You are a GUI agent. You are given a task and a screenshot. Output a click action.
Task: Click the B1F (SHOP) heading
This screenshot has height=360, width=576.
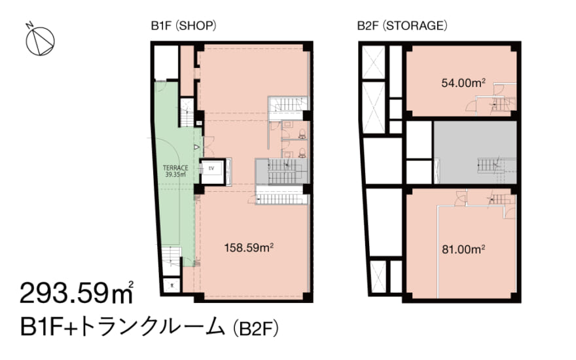(183, 26)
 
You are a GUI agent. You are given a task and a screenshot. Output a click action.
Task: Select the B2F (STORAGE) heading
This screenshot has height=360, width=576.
(402, 26)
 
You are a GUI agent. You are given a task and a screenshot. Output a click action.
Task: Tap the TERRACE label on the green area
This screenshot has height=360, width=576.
(175, 168)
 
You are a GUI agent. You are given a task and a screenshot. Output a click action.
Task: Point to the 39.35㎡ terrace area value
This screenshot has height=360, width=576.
(175, 175)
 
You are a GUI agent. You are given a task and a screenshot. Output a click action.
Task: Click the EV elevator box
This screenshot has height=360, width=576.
(212, 169)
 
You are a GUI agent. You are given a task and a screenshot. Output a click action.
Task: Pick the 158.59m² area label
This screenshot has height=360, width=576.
(249, 247)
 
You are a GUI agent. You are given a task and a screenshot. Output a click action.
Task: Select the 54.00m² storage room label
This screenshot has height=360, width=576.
(463, 82)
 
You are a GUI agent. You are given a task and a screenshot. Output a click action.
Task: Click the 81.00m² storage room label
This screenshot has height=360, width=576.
(463, 249)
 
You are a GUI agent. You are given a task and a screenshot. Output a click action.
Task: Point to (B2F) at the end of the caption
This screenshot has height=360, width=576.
(256, 327)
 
